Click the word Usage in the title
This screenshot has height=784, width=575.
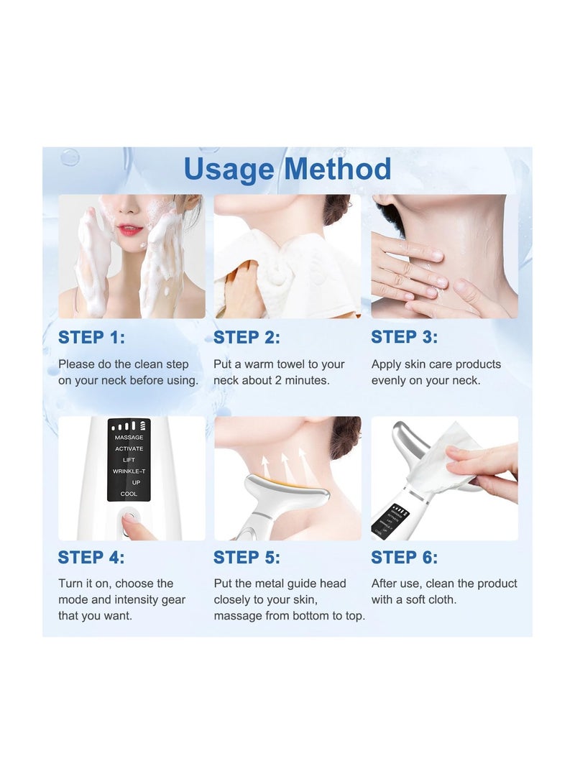(229, 170)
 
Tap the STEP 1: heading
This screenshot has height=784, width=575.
(91, 338)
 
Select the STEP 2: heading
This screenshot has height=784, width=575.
(247, 338)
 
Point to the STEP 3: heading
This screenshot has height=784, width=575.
(404, 337)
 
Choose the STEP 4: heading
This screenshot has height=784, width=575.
(91, 557)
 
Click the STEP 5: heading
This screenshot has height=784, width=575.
(247, 557)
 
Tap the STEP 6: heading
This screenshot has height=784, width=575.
(404, 557)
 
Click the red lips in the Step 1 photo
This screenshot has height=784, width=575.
(129, 230)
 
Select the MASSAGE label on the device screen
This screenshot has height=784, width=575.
(129, 438)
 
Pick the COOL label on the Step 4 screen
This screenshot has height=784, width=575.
(129, 494)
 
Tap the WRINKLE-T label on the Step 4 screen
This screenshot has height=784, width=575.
(129, 471)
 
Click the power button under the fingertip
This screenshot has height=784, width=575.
(129, 519)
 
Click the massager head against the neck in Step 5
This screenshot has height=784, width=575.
(287, 492)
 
